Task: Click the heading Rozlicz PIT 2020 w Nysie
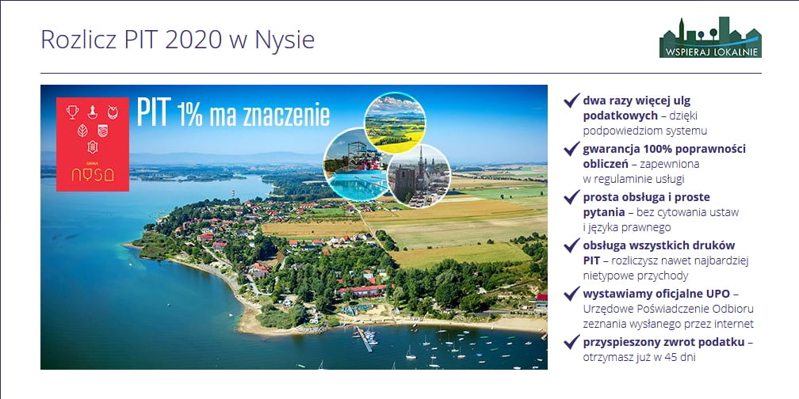coord(178,40)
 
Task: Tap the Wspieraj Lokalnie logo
coord(710,37)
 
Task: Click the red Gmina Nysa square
coord(93,144)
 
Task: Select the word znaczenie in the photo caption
coord(288,116)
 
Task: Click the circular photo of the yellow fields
coord(395,123)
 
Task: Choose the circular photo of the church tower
coord(419,176)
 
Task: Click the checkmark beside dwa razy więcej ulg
coord(572,101)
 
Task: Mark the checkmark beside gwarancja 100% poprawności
coord(572,149)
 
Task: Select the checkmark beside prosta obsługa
coord(572,196)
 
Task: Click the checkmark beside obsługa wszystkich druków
coord(572,245)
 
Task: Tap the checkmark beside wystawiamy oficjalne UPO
coord(572,293)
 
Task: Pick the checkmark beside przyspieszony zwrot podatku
coord(572,341)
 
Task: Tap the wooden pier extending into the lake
coord(364,339)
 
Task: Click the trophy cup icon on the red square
coord(72,112)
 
